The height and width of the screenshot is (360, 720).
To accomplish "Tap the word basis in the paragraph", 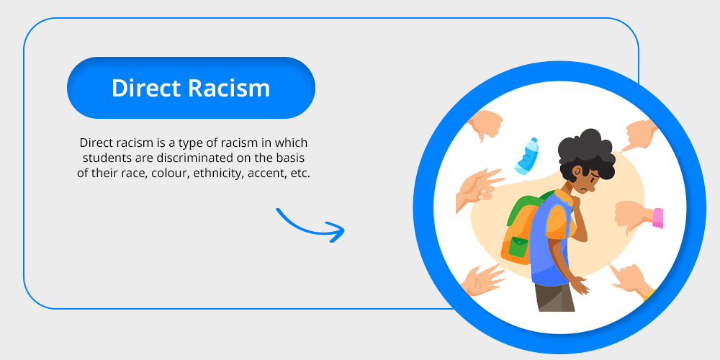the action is pyautogui.click(x=294, y=158).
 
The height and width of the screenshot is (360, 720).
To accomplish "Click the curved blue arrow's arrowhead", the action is pyautogui.click(x=336, y=232).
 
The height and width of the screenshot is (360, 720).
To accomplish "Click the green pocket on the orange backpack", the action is pyautogui.click(x=518, y=248).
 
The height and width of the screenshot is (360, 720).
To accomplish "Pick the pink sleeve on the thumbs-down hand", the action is pyautogui.click(x=658, y=218).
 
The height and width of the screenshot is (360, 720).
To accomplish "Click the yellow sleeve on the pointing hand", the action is pyautogui.click(x=649, y=295).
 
